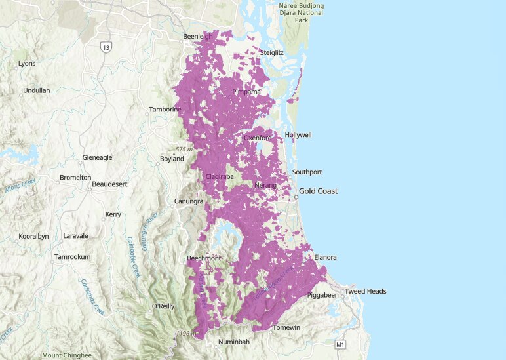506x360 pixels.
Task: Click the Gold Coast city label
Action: [319, 191]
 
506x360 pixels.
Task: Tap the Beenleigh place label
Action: [198, 37]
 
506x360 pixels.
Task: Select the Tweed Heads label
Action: [366, 291]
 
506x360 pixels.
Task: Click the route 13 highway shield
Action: [106, 47]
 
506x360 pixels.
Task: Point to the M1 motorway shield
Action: [339, 344]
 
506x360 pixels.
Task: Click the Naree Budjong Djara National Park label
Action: [301, 13]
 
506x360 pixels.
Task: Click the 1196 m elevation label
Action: [185, 334]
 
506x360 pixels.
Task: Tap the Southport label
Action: [307, 172]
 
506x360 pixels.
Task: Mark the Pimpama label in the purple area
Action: [246, 92]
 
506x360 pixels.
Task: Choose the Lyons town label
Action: [27, 64]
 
